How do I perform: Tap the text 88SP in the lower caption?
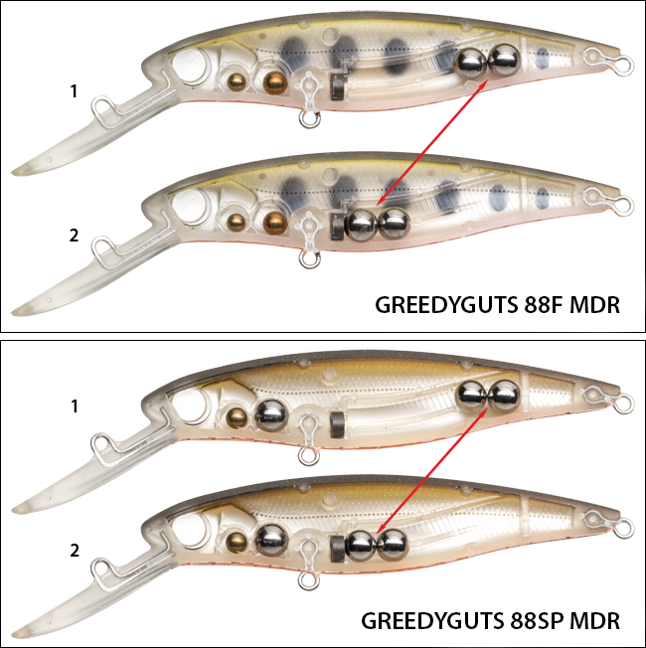539,621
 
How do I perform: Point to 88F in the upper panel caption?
544,305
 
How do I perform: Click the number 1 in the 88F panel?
74,91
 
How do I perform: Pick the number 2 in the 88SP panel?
74,551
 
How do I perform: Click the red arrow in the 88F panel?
431,143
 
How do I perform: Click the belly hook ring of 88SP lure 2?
309,580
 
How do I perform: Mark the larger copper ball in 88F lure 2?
275,223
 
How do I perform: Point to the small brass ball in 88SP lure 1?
238,417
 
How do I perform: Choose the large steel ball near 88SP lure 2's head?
271,541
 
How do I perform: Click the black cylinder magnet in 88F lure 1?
338,87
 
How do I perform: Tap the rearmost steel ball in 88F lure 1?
504,60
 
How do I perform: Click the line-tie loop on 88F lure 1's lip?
101,108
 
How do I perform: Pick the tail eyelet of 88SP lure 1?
623,404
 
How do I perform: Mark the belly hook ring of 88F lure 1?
309,119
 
